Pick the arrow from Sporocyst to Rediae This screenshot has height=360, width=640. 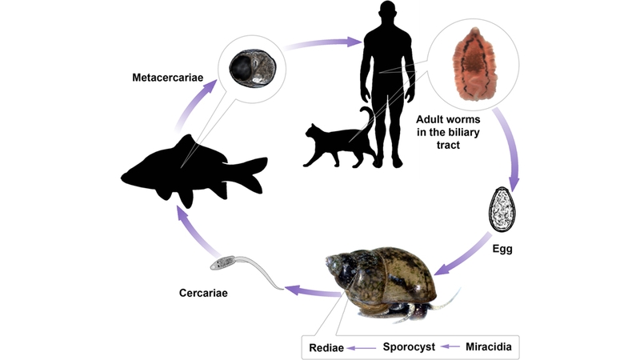pos(365,347)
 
